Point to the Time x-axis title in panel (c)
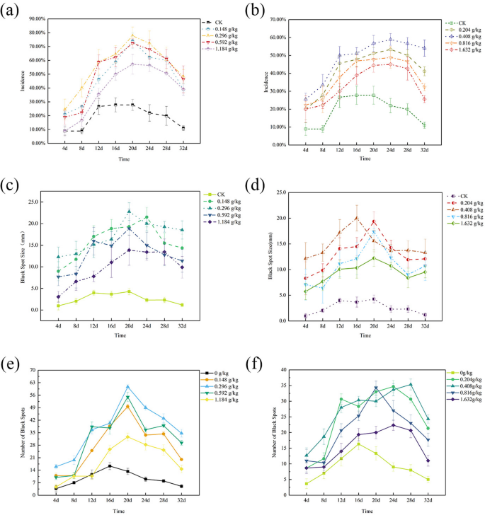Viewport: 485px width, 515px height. (122, 335)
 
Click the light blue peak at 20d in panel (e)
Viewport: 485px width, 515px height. (127, 387)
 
